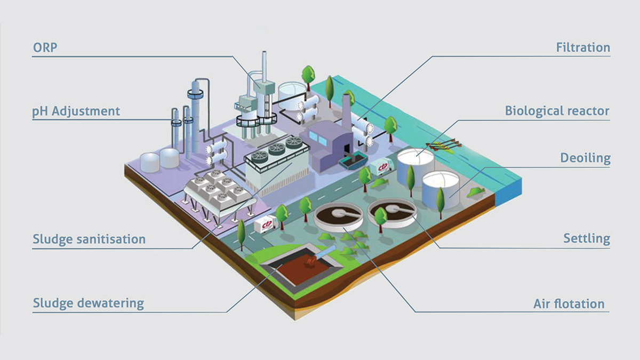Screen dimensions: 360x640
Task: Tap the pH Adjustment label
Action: tap(76, 111)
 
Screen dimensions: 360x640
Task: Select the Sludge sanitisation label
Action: tap(89, 239)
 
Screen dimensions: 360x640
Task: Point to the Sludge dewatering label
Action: tap(89, 303)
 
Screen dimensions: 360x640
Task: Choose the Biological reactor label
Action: tap(557, 111)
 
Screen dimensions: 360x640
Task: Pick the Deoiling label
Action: tap(585, 158)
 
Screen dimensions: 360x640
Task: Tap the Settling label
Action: tap(587, 238)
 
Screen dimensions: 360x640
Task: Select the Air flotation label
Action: tap(569, 304)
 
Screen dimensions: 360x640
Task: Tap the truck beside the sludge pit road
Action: tap(265, 225)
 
